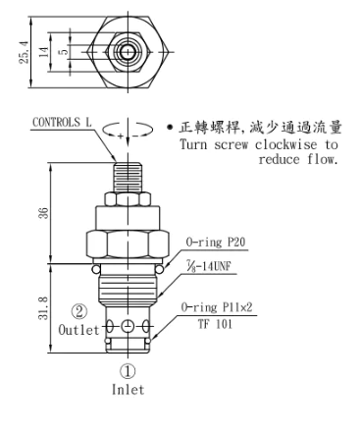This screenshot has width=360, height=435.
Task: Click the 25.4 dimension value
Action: [25, 52]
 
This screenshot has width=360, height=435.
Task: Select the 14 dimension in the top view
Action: [44, 52]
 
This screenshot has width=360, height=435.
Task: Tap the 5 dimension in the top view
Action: [65, 52]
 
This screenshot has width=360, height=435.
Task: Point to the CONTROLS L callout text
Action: [62, 123]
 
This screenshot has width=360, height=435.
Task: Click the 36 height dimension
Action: [43, 213]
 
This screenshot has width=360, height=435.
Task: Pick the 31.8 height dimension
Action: [43, 308]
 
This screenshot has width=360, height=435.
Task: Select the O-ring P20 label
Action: [216, 243]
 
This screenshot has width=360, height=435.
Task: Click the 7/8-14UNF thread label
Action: [209, 266]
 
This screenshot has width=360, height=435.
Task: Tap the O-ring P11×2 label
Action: [217, 307]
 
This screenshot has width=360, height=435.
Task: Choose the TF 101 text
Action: [215, 324]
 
